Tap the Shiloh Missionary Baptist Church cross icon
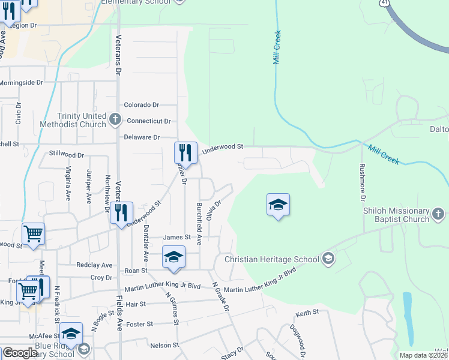pyautogui.click(x=439, y=214)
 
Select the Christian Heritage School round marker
pyautogui.click(x=328, y=259)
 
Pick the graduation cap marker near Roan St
pyautogui.click(x=173, y=258)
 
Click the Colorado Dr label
pyautogui.click(x=141, y=105)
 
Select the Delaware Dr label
pyautogui.click(x=142, y=137)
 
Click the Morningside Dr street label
pyautogui.click(x=22, y=82)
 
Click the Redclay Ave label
pyautogui.click(x=95, y=265)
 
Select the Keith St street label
pyautogui.click(x=307, y=314)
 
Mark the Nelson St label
pyautogui.click(x=164, y=346)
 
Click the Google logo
pyautogui.click(x=19, y=353)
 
